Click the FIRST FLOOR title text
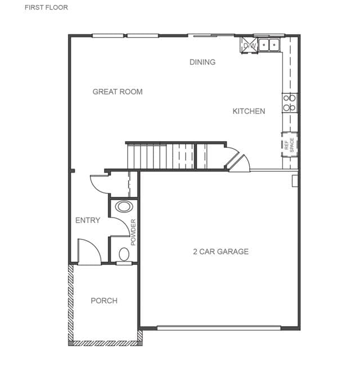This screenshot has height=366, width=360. pyautogui.click(x=46, y=7)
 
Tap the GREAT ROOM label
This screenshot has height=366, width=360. pyautogui.click(x=118, y=92)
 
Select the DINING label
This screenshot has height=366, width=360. pyautogui.click(x=202, y=62)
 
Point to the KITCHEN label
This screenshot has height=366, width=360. pyautogui.click(x=249, y=111)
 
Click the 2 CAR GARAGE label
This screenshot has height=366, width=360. pyautogui.click(x=221, y=252)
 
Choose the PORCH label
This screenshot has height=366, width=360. pyautogui.click(x=104, y=301)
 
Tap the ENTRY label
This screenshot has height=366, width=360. pyautogui.click(x=88, y=220)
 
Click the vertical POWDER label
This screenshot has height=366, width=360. pyautogui.click(x=133, y=232)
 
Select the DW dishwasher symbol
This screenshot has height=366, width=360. pyautogui.click(x=249, y=46)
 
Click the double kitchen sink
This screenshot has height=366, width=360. pyautogui.click(x=269, y=44)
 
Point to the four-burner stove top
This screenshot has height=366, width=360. pyautogui.click(x=290, y=103)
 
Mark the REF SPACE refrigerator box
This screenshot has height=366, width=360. pyautogui.click(x=290, y=144)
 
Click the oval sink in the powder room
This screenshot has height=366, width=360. pyautogui.click(x=124, y=207)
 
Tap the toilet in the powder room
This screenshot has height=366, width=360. pyautogui.click(x=124, y=255)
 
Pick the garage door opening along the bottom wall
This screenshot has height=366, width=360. pyautogui.click(x=219, y=328)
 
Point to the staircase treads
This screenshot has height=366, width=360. pyautogui.click(x=161, y=156)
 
